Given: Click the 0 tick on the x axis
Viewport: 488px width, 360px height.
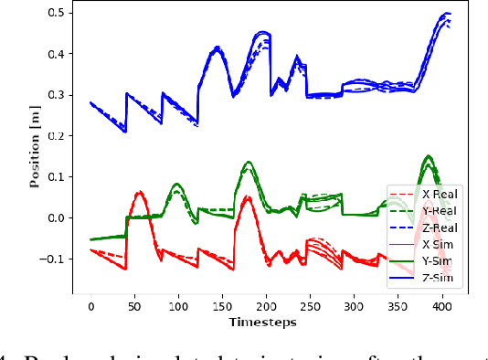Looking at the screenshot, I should click(x=90, y=305).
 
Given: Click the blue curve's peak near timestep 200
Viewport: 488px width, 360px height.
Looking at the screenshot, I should click(x=263, y=33).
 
